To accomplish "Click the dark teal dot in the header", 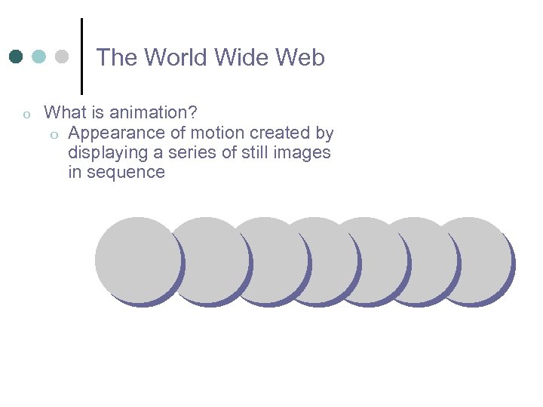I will [16, 57].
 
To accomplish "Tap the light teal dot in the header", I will [39, 57].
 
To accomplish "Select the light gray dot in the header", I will [62, 57].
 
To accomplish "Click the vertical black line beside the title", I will [81, 57].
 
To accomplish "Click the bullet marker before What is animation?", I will [26, 115].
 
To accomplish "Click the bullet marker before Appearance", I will [54, 134].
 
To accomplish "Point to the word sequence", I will [127, 173].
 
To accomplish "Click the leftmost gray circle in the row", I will [138, 259].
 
